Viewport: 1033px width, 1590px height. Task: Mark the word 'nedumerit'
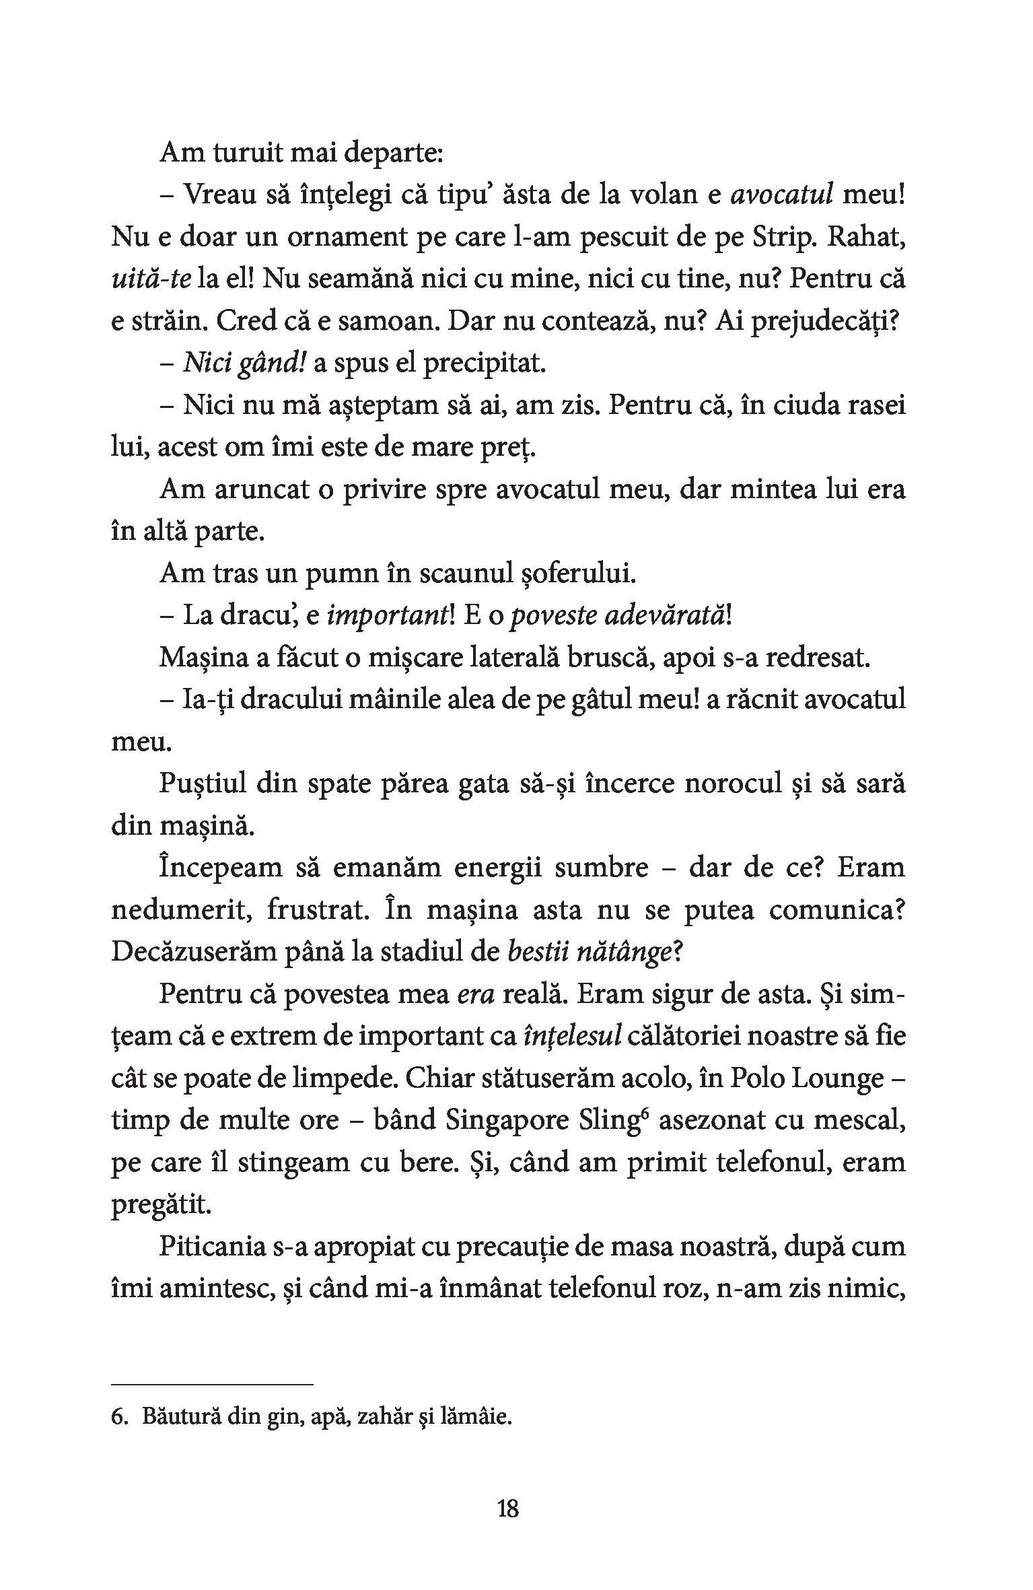[181, 910]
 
